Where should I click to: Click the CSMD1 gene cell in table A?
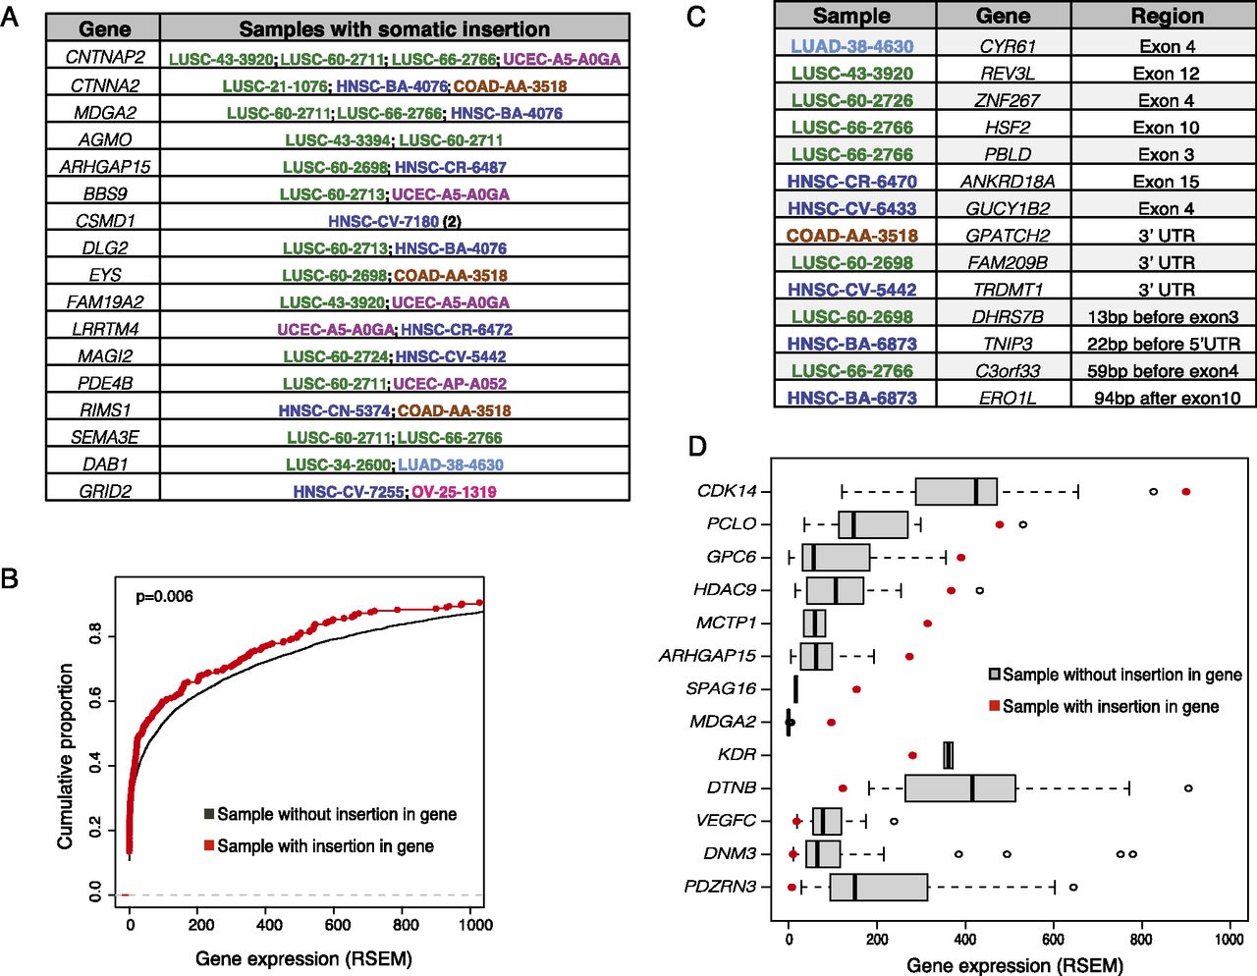pyautogui.click(x=104, y=221)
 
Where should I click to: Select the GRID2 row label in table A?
pyautogui.click(x=104, y=492)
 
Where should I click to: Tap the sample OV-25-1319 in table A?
pyautogui.click(x=454, y=492)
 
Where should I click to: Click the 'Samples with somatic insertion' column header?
pyautogui.click(x=394, y=28)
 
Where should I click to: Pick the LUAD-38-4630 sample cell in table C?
pyautogui.click(x=852, y=46)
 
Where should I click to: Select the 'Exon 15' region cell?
pyautogui.click(x=1166, y=182)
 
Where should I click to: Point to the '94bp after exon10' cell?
pyautogui.click(x=1167, y=398)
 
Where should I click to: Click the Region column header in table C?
pyautogui.click(x=1166, y=16)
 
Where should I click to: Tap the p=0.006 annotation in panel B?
pyautogui.click(x=164, y=596)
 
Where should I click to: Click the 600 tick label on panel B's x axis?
pyautogui.click(x=337, y=925)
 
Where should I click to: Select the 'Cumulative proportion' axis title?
pyautogui.click(x=66, y=756)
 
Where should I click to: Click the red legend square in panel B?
pyautogui.click(x=209, y=845)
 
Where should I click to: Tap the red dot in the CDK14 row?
pyautogui.click(x=1186, y=491)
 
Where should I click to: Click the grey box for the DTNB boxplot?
pyautogui.click(x=960, y=787)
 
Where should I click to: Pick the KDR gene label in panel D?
pyautogui.click(x=737, y=755)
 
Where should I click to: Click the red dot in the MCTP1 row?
pyautogui.click(x=927, y=623)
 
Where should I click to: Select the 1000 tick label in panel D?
pyautogui.click(x=1230, y=939)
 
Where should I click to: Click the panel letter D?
pyautogui.click(x=696, y=447)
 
